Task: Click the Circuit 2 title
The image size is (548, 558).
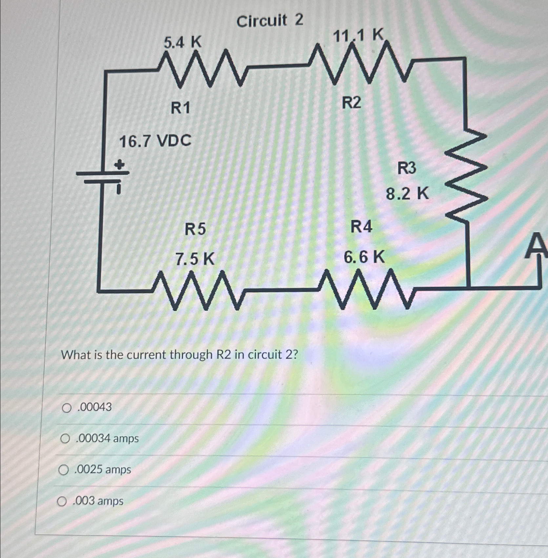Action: (x=270, y=21)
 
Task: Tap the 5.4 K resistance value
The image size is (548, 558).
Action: (x=182, y=42)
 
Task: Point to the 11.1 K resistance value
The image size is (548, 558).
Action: (x=358, y=35)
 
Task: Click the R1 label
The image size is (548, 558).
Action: (x=180, y=108)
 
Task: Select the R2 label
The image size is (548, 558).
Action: (x=351, y=103)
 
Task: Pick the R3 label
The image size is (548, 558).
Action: (x=407, y=168)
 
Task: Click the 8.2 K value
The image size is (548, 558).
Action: (x=407, y=194)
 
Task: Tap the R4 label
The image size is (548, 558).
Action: (x=361, y=227)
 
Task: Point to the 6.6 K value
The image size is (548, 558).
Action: (x=364, y=257)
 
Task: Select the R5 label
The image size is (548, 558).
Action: (x=195, y=229)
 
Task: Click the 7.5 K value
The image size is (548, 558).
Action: (x=195, y=259)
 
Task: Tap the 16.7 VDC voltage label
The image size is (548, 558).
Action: (x=155, y=142)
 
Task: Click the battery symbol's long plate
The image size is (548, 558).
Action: (x=102, y=173)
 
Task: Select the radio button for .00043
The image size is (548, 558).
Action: (x=67, y=408)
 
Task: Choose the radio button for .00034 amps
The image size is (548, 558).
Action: (x=65, y=439)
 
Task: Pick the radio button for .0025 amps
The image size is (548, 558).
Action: (x=64, y=470)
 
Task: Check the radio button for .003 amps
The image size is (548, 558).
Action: (x=62, y=502)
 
